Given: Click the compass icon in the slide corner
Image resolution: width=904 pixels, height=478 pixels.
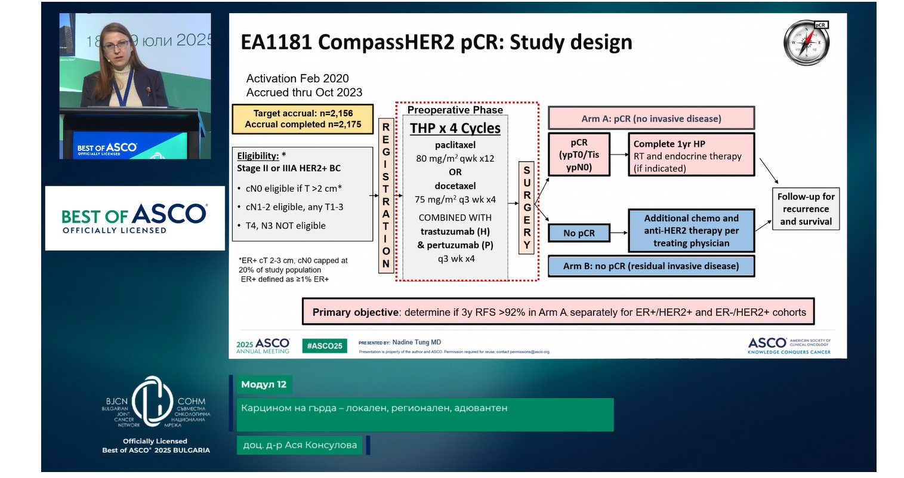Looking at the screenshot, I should [806, 43].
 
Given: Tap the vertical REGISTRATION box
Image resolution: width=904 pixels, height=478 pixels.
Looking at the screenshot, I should [386, 195].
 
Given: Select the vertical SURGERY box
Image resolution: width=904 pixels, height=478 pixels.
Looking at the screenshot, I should [526, 207].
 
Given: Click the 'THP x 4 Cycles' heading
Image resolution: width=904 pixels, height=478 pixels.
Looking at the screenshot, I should [455, 128].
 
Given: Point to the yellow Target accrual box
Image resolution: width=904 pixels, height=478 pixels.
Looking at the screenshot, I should [303, 119].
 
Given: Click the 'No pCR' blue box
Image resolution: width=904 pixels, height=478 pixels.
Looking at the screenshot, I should [579, 233].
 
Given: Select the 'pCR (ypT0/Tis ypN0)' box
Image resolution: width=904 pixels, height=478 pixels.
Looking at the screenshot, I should [579, 155].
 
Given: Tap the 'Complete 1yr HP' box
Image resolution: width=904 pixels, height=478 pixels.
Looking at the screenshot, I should [691, 155].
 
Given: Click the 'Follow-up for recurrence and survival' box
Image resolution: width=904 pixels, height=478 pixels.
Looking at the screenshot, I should [806, 209].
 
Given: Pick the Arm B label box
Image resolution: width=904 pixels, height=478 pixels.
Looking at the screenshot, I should [651, 266].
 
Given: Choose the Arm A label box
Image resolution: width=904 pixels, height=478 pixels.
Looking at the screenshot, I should [651, 119].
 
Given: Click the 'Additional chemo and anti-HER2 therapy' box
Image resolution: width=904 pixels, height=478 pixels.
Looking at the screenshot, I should [691, 231].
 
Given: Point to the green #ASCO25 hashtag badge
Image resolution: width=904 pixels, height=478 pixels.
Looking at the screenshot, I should [325, 346].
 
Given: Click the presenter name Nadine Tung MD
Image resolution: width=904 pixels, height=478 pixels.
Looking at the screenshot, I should [416, 343].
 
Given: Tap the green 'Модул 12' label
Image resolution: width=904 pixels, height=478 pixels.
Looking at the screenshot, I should [264, 385].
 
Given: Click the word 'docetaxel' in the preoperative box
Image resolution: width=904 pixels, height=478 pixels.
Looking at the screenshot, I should [455, 186].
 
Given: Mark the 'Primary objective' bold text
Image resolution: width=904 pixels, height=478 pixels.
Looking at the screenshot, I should [355, 312].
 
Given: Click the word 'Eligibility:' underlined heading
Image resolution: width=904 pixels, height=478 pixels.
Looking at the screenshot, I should [258, 156].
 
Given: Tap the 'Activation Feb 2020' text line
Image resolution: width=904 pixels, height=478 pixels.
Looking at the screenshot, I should [297, 79].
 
